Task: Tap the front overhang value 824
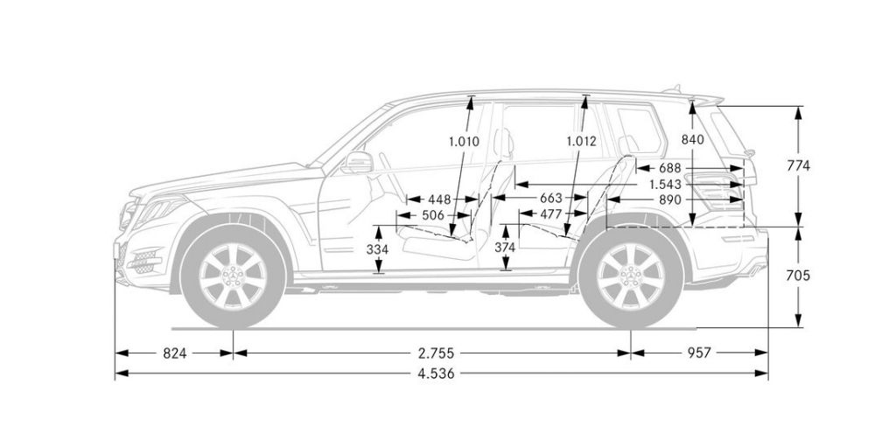click(174, 353)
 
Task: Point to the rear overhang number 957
click(698, 353)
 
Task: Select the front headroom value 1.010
click(465, 141)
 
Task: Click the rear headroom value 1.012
click(581, 141)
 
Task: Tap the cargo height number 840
click(692, 140)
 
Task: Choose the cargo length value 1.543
click(668, 184)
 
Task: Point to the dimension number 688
click(669, 167)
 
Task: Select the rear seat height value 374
click(505, 248)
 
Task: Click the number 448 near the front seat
click(440, 199)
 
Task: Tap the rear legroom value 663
click(551, 199)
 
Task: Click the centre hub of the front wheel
click(233, 274)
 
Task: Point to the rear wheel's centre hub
click(630, 274)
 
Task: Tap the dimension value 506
click(433, 214)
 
